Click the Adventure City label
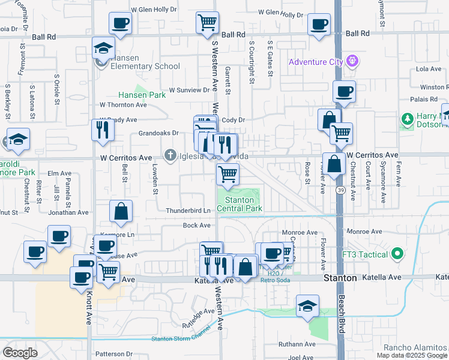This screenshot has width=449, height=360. (315, 62)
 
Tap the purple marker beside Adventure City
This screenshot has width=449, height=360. (352, 61)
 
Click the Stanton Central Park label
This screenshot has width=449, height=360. (243, 204)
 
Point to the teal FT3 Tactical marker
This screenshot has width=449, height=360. (396, 254)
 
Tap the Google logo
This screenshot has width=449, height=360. (20, 353)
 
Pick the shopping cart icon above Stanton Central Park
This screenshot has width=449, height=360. (228, 175)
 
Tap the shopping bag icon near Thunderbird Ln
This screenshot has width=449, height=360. (121, 211)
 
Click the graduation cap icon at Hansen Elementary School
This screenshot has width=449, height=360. (103, 48)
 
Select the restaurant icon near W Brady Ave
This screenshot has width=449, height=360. (102, 129)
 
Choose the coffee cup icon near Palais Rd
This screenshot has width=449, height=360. (344, 92)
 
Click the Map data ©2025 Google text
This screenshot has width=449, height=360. (412, 355)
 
